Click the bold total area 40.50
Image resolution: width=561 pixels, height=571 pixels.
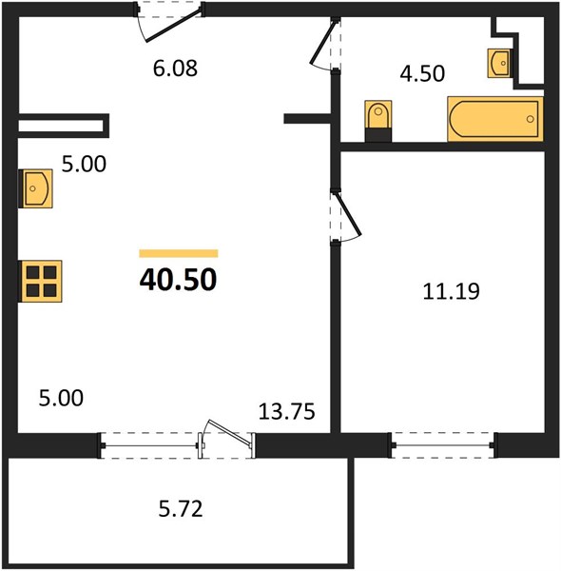coord(178,280)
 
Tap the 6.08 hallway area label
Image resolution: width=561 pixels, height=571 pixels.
coord(175,69)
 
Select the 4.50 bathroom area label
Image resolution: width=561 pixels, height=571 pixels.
coord(422,73)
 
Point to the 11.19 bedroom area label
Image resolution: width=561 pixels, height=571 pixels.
coord(451,291)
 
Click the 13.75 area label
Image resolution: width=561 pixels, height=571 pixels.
coord(287,412)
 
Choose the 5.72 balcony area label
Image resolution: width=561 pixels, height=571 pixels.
coord(181,509)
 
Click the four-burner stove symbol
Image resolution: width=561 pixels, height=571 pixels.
coord(40,281)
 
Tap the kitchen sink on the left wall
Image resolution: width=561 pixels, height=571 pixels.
coord(35,188)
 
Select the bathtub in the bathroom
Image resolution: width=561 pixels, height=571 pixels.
coord(495,119)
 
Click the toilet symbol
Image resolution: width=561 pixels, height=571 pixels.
coord(378,121)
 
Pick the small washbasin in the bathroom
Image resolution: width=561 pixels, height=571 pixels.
coord(499,63)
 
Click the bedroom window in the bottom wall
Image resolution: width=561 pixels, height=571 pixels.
coord(442,445)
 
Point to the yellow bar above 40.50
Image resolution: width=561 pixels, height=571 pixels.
coord(178,253)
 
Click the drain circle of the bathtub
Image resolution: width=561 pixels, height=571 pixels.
coord(530,119)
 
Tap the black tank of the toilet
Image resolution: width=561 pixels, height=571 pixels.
coord(378,134)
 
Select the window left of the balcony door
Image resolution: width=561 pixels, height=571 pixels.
coord(150,445)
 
